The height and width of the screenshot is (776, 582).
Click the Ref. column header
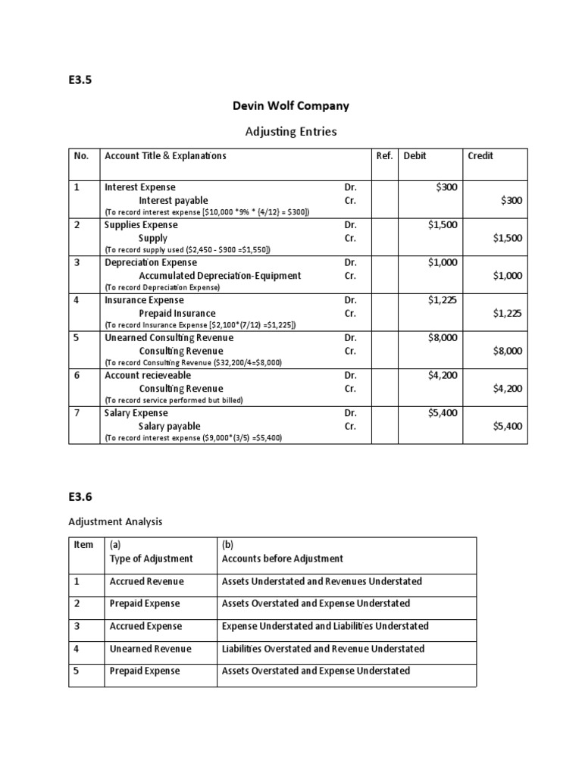[385, 155]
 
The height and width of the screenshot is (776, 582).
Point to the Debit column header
[415, 155]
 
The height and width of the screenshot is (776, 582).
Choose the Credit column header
[480, 155]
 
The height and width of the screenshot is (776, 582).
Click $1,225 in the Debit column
[443, 300]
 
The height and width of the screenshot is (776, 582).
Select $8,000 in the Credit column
[507, 351]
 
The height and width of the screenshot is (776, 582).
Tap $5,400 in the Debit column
[443, 413]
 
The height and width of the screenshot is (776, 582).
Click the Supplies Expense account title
[141, 225]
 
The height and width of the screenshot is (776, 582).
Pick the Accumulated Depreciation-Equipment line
[220, 276]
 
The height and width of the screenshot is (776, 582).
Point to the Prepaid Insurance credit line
[177, 313]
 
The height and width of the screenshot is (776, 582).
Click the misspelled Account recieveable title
[148, 375]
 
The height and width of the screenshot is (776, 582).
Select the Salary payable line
[170, 426]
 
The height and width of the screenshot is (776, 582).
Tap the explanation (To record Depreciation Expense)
[162, 288]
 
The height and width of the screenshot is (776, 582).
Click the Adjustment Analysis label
[115, 521]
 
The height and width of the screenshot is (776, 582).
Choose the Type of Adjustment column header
[152, 559]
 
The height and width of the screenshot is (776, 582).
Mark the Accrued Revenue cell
[147, 581]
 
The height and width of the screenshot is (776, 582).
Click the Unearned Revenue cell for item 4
[151, 649]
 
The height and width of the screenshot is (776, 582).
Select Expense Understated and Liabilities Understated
[325, 626]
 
